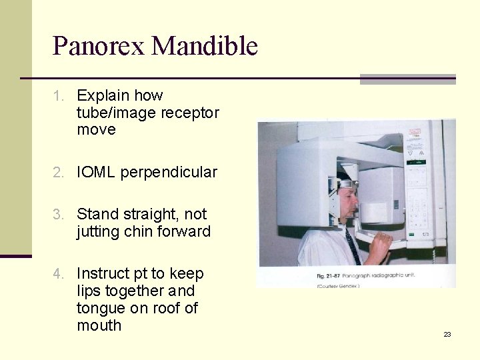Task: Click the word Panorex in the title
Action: (x=99, y=47)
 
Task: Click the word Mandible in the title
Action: (x=205, y=47)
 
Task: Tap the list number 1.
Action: (x=58, y=96)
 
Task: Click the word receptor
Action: (x=189, y=113)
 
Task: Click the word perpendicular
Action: (x=171, y=172)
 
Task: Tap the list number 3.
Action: (x=59, y=215)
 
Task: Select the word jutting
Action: (x=99, y=232)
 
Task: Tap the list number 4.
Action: (x=59, y=274)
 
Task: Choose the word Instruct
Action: (x=105, y=274)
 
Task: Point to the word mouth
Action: (x=99, y=326)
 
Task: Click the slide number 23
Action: (x=447, y=334)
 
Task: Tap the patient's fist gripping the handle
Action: (x=382, y=246)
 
